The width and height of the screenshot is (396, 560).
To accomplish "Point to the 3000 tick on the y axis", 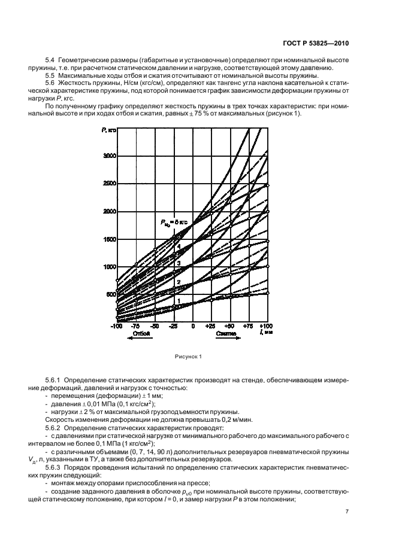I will tap(108, 156).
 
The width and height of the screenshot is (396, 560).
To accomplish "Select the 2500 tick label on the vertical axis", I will tap(108, 184).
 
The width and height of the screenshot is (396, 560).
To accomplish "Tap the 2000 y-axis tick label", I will tap(108, 212).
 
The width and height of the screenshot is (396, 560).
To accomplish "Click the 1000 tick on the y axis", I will tap(108, 267).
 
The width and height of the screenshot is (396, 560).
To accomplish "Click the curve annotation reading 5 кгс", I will tap(174, 223).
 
